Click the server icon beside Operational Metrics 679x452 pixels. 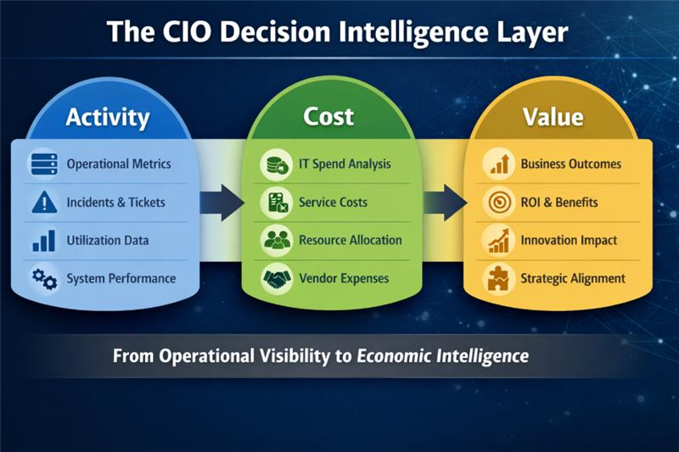pos(43,164)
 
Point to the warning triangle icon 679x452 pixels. pos(43,202)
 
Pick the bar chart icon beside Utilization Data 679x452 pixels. pos(43,241)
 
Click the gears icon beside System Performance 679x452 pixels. pos(43,277)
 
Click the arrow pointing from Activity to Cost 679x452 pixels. pos(222,203)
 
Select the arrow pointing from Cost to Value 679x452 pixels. pos(446,203)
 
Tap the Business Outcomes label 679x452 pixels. pos(570,164)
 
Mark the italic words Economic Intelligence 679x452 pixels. pos(442,355)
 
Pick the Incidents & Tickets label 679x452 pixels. pos(115,203)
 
